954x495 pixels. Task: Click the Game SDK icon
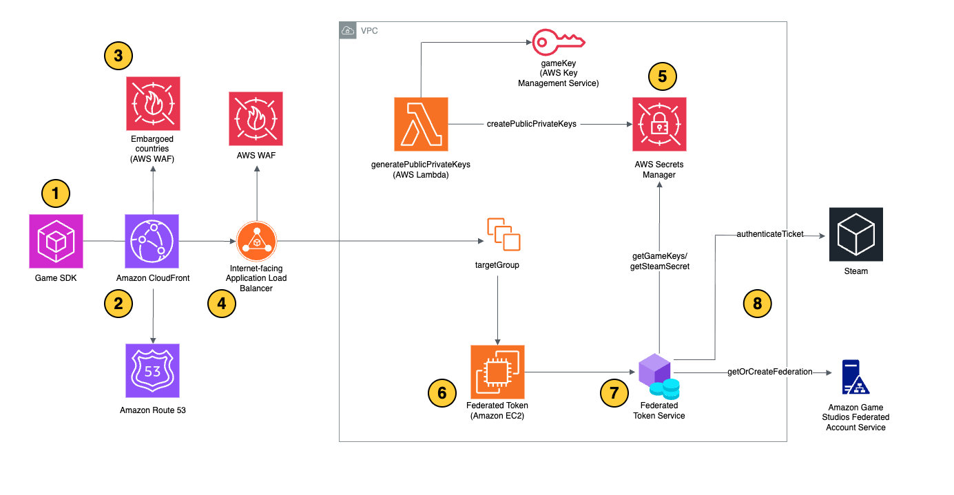[56, 241]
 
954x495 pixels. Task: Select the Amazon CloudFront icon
[152, 241]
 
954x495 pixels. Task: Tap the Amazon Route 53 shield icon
[152, 370]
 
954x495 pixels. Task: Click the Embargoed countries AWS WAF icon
[152, 103]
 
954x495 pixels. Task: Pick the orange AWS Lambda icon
[421, 124]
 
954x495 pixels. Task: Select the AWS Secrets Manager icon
[659, 124]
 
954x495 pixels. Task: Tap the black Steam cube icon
[856, 234]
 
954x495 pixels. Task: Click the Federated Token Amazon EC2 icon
[497, 372]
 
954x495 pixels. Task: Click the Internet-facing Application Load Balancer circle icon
[256, 242]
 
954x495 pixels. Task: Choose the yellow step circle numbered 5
[663, 76]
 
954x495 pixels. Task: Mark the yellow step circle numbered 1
[56, 194]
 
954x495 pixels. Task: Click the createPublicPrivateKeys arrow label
[532, 124]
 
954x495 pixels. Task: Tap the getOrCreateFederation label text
[769, 372]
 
